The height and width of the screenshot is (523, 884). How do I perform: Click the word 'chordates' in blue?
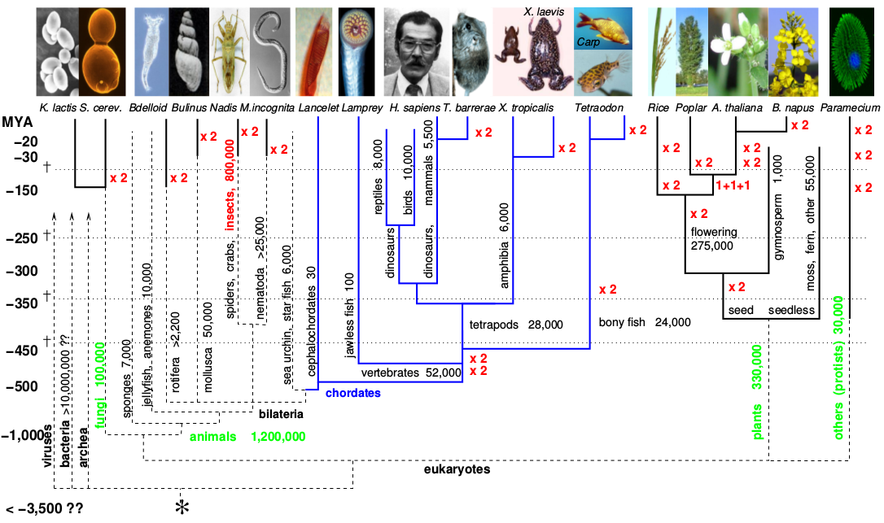[x=353, y=393]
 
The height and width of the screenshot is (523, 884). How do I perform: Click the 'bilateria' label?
[x=281, y=414]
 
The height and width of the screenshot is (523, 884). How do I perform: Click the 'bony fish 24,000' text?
[x=644, y=322]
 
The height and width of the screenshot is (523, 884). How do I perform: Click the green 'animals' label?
[x=213, y=437]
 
